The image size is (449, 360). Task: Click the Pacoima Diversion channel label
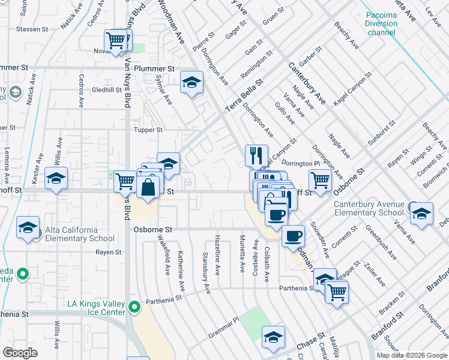tap(381, 23)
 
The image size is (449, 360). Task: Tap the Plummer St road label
tap(154, 68)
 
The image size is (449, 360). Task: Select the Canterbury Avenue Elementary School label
tap(369, 208)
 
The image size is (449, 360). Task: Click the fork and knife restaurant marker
tap(256, 155)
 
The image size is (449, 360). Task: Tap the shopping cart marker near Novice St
tap(115, 41)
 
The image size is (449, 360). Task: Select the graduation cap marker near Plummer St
tap(191, 82)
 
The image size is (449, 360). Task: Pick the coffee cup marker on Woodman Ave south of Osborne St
tap(293, 236)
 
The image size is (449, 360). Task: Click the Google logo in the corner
tap(20, 352)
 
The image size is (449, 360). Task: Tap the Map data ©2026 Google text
tap(412, 355)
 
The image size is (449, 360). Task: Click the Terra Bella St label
tap(244, 95)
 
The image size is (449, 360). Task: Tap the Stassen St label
tap(32, 29)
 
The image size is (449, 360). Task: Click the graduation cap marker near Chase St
tap(273, 337)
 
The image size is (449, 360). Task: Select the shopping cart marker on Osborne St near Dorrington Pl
tap(320, 179)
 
